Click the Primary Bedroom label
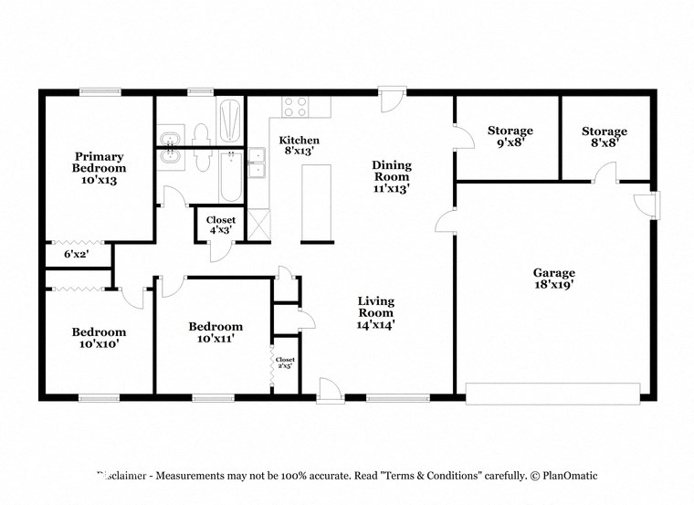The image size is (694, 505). pos(100,168)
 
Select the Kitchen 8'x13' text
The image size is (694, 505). pos(299,145)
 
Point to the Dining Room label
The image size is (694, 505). pos(392,177)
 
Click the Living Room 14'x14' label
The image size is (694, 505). pos(375,311)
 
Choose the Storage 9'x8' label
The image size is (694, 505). pos(510,136)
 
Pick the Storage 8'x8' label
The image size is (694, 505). pos(605,137)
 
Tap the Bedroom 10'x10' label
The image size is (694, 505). pos(100,338)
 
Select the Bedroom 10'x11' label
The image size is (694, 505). pos(216,332)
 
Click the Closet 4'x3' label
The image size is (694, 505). pos(221,225)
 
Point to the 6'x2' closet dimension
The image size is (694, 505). pos(76,254)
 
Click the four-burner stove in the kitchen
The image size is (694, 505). pos(295,107)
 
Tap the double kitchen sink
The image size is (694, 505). pos(257,163)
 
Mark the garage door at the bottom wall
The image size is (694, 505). pos(552,394)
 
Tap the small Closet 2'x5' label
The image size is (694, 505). pos(285,363)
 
